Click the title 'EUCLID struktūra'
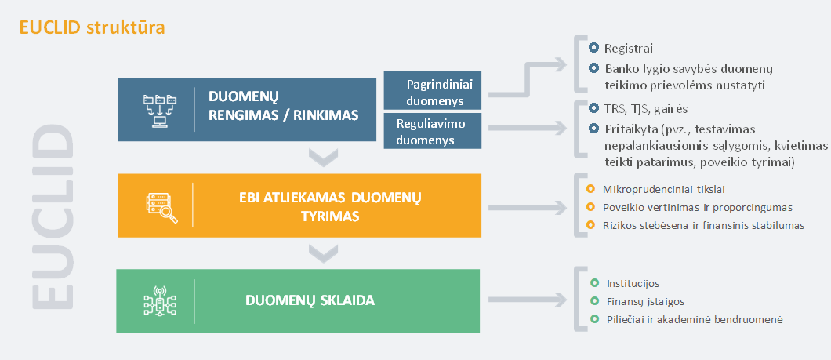(93, 27)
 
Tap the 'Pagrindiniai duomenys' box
(433, 91)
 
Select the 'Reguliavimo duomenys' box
(433, 131)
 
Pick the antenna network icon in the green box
(159, 300)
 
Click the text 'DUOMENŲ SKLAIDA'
(310, 300)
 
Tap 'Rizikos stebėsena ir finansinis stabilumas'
(704, 225)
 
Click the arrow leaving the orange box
(528, 207)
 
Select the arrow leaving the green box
(528, 300)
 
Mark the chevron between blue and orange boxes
(323, 158)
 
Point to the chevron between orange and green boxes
(323, 253)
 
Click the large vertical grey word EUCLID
(52, 216)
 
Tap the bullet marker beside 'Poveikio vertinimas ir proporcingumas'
(590, 207)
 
